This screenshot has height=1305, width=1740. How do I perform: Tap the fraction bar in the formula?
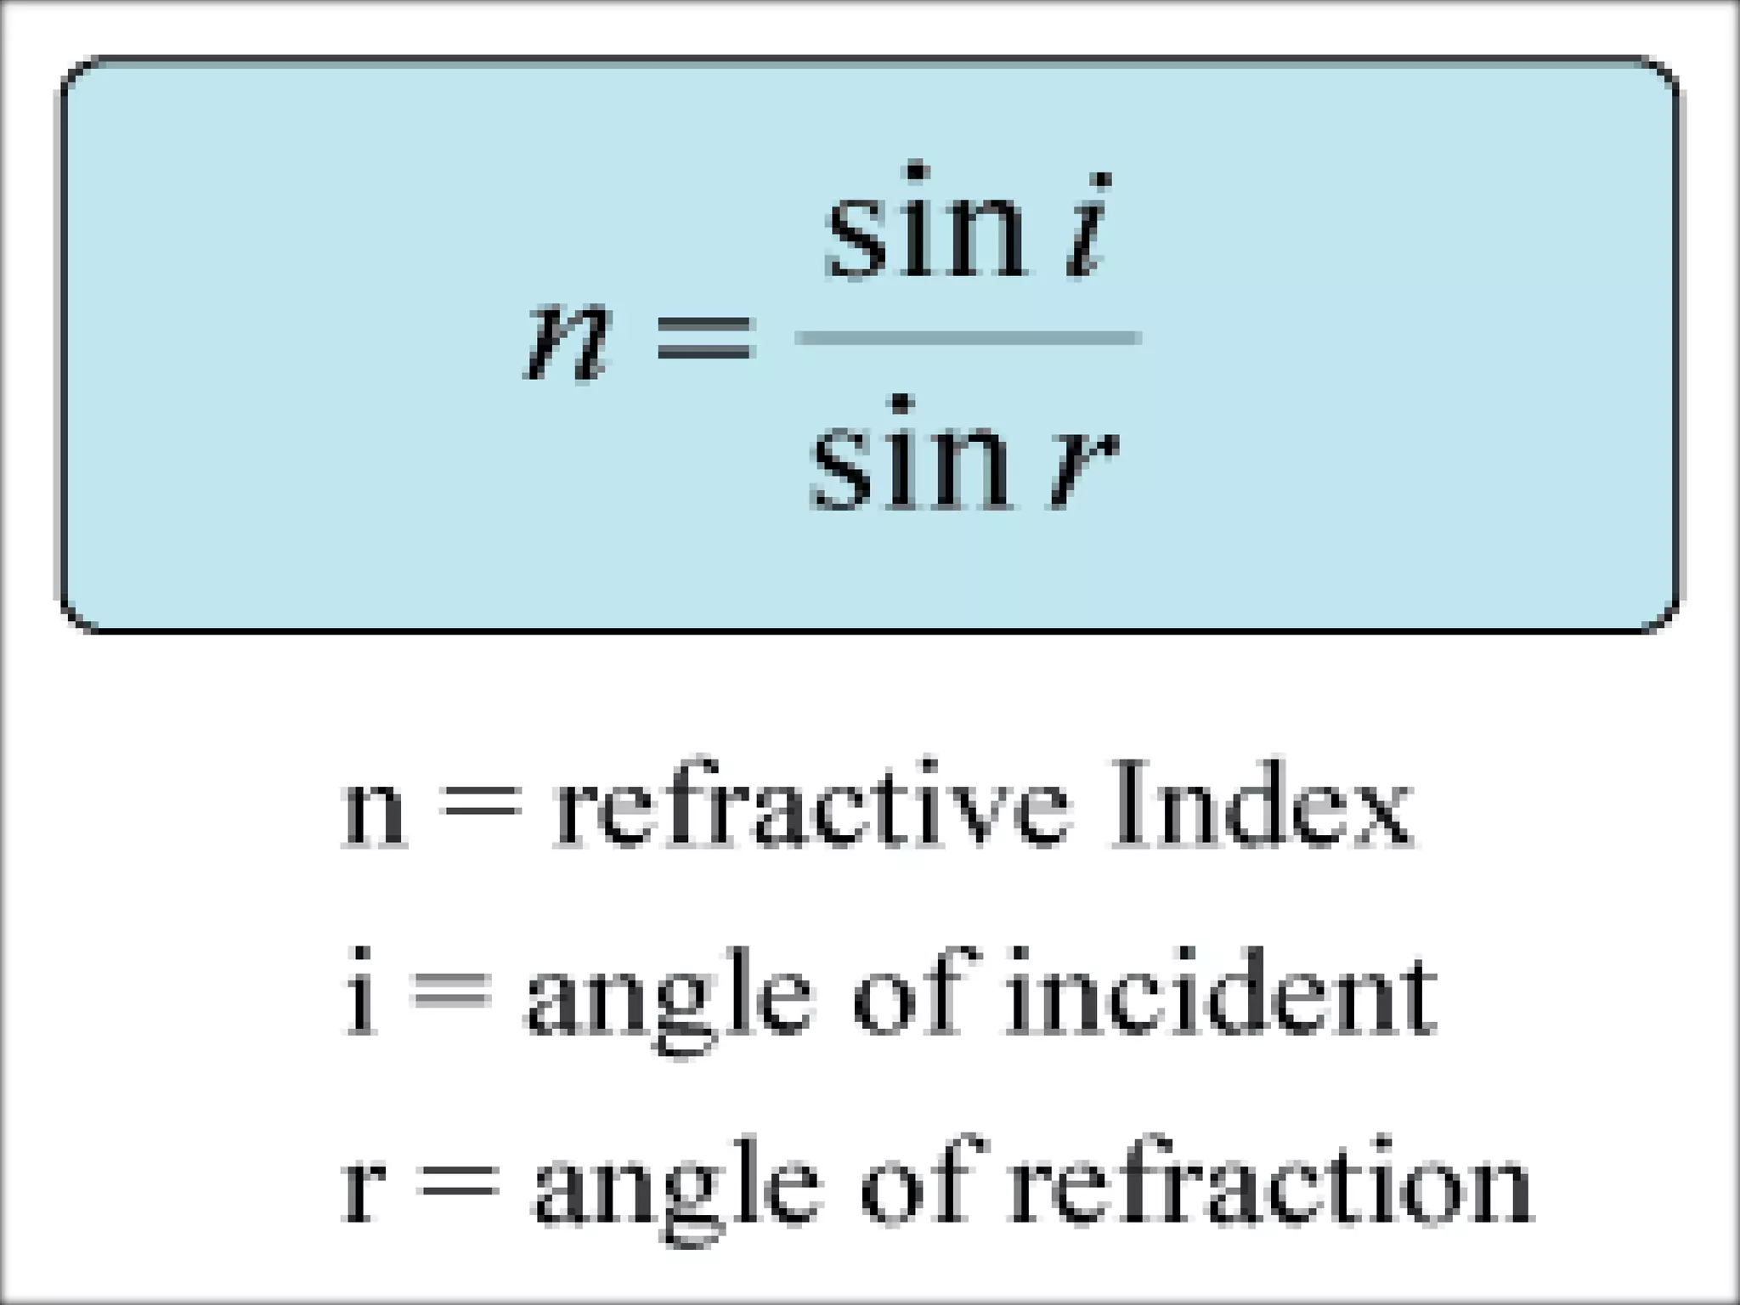[x=968, y=338]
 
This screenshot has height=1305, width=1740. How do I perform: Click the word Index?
[x=1261, y=802]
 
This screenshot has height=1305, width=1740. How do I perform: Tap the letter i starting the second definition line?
[x=360, y=994]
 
